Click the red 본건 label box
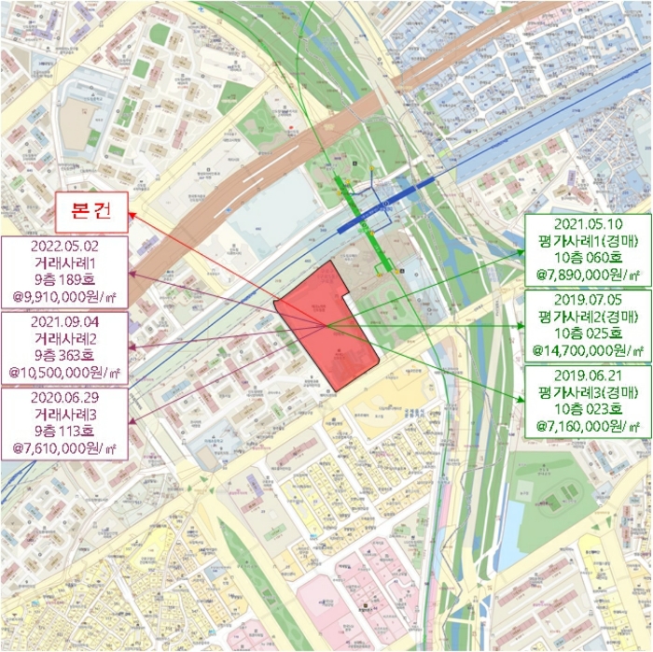pos(91,210)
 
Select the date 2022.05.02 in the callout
pos(65,247)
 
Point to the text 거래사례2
pos(65,337)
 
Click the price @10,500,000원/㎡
pos(65,372)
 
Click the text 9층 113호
pos(65,432)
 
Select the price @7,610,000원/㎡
pos(65,449)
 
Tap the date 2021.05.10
pos(587,224)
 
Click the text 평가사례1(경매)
pos(587,241)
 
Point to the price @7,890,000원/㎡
pos(587,276)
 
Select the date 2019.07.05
pos(587,301)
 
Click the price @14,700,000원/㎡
pos(587,351)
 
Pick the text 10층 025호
pos(587,334)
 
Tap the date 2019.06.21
pos(587,376)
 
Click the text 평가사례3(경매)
pos(587,392)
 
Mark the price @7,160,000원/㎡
pos(587,427)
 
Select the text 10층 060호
pos(587,258)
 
